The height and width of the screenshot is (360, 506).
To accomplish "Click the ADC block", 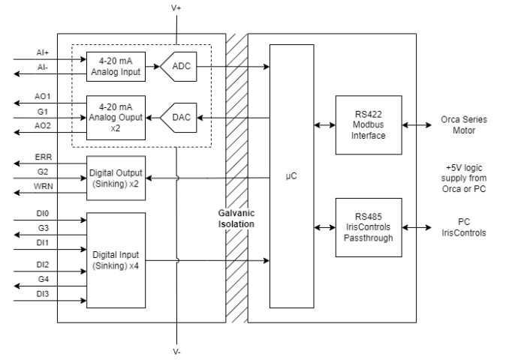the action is tap(179, 67).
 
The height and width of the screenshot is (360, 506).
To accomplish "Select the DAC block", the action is tap(179, 118).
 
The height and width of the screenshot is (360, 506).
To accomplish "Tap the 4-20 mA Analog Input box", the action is tap(116, 67).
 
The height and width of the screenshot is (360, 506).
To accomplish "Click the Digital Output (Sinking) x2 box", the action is tap(116, 178).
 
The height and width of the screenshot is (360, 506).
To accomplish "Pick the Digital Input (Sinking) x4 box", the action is tap(116, 260).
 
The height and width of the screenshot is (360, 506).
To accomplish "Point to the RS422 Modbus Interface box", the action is tap(369, 125).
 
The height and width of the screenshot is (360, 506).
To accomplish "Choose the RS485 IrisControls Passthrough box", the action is tap(369, 227).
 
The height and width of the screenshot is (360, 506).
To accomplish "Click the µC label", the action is tap(291, 176).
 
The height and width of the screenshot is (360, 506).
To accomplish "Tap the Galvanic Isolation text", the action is tap(236, 218).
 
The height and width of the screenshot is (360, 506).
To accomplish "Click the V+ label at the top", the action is tap(176, 7).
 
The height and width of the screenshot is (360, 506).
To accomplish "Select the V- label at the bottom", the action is tap(176, 352).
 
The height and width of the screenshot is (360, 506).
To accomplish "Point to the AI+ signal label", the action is tap(43, 52).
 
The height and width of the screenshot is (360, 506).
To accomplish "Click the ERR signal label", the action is tap(44, 157).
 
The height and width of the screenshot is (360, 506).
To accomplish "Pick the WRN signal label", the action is tap(44, 186).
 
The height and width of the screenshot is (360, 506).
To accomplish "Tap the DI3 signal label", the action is tap(43, 294).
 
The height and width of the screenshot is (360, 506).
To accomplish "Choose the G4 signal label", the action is tap(44, 279).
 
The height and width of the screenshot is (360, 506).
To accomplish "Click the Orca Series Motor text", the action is tap(464, 125).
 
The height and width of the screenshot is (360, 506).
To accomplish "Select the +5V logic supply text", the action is tap(464, 178).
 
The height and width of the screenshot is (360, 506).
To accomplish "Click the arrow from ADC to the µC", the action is tap(233, 67).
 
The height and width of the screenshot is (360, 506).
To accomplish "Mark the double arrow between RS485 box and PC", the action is tap(417, 227).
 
